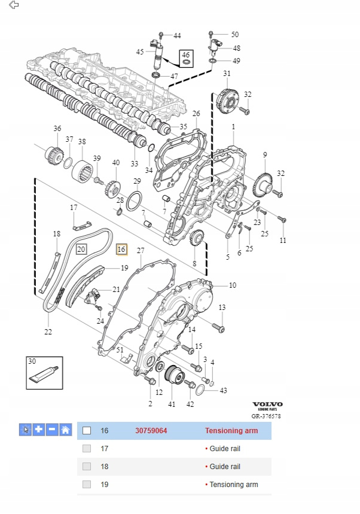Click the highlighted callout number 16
(x=121, y=249)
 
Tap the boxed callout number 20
(x=81, y=249)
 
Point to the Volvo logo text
(x=267, y=404)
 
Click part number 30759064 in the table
(x=151, y=430)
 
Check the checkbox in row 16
(x=87, y=430)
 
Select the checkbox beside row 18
(x=87, y=466)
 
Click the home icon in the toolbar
(x=65, y=430)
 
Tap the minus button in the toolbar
(x=52, y=430)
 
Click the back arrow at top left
(x=14, y=5)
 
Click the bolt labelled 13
(x=218, y=328)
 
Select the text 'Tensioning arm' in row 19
(x=234, y=484)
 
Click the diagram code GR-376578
(x=266, y=416)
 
